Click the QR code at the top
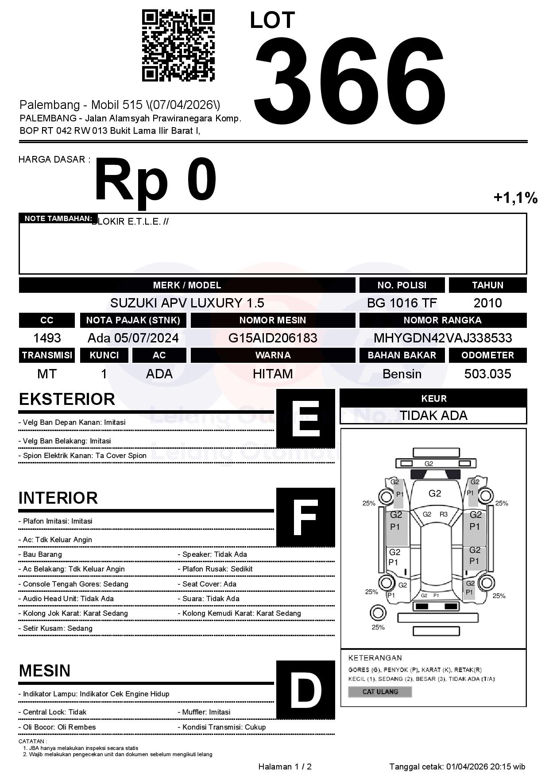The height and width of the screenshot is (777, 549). coord(178,46)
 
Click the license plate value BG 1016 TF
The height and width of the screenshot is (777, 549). coord(402,303)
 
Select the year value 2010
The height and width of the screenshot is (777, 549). coord(487,303)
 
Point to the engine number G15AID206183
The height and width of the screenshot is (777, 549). coord(273,338)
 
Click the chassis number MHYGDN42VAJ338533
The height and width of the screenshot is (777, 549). coord(443,338)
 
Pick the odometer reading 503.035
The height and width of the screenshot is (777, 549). coord(487,374)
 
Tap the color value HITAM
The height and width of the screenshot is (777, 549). coord(273,374)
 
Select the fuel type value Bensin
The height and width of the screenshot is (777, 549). coord(402,374)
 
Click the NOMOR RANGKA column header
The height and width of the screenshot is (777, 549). coord(443,320)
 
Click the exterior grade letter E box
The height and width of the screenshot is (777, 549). coord(305,419)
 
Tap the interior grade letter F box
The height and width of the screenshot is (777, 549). coord(305,517)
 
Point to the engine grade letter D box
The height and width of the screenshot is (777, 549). coord(305,690)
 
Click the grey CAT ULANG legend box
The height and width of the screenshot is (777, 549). coord(380,692)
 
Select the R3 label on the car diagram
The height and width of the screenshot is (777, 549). coord(443,514)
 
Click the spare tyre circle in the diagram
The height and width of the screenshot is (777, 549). coord(378,613)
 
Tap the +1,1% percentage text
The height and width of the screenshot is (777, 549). coord(515,198)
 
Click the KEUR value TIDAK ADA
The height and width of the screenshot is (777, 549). coord(433,416)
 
